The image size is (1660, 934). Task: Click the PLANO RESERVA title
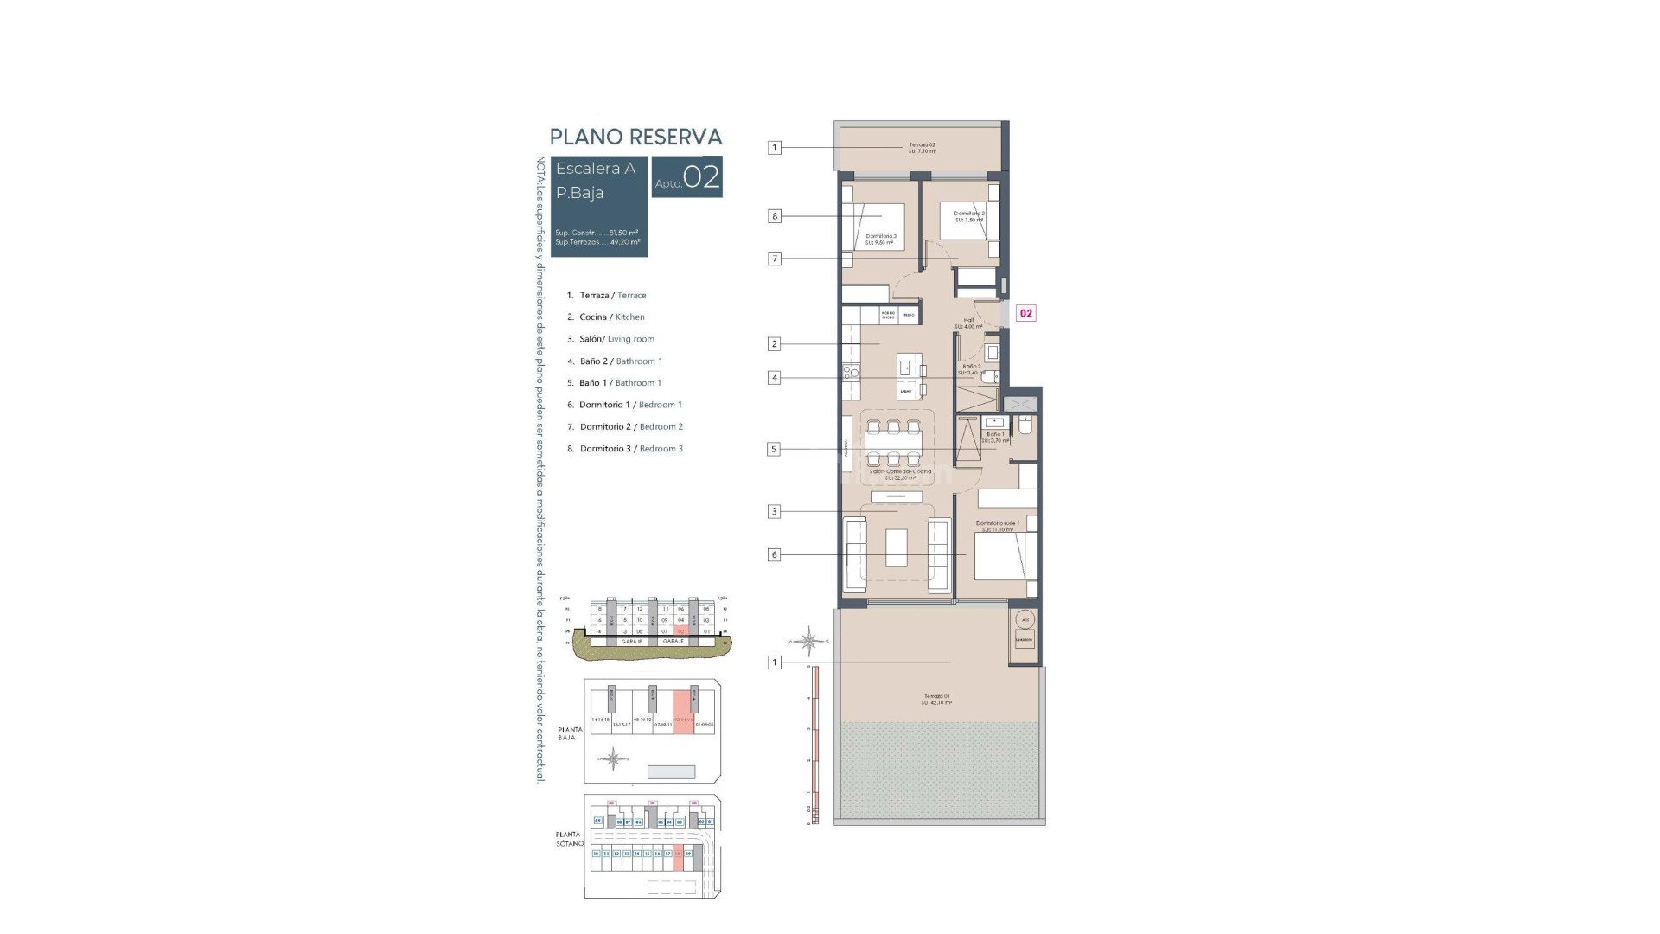(635, 137)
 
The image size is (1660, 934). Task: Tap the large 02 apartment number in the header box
(701, 177)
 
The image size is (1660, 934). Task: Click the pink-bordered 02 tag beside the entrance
(1025, 313)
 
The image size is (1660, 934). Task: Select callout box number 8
(775, 216)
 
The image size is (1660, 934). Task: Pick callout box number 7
(775, 259)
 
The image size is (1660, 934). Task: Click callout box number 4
(775, 378)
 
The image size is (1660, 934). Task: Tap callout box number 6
(775, 555)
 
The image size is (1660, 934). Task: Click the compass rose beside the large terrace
(808, 641)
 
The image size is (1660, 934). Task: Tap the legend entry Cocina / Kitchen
(611, 317)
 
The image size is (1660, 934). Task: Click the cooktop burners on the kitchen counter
(851, 373)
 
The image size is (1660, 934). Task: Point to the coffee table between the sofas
(897, 547)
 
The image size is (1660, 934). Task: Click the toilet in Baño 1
(1025, 425)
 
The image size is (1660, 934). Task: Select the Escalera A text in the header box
(595, 169)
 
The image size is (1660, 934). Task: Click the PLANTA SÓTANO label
(568, 839)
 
